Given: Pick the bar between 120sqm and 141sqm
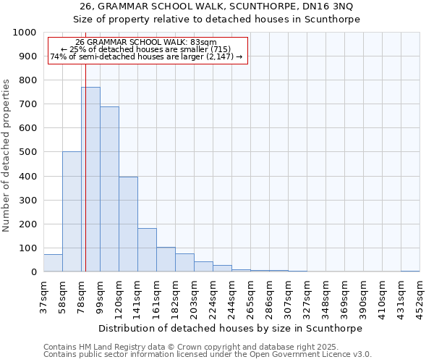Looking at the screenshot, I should (x=128, y=224).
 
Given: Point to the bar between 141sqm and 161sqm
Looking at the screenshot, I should (x=147, y=251).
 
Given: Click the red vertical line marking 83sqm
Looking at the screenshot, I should (x=85, y=159).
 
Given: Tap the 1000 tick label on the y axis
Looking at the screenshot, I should (x=25, y=33).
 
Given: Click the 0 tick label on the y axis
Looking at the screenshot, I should (x=34, y=272).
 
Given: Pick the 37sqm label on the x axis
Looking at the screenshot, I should (x=43, y=295).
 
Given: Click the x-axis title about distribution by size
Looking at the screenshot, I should (x=231, y=328).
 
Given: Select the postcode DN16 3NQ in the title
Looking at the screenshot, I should (x=331, y=7).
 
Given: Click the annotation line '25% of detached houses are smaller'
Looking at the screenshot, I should (x=145, y=49).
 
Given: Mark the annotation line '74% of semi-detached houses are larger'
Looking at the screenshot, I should (x=145, y=56).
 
